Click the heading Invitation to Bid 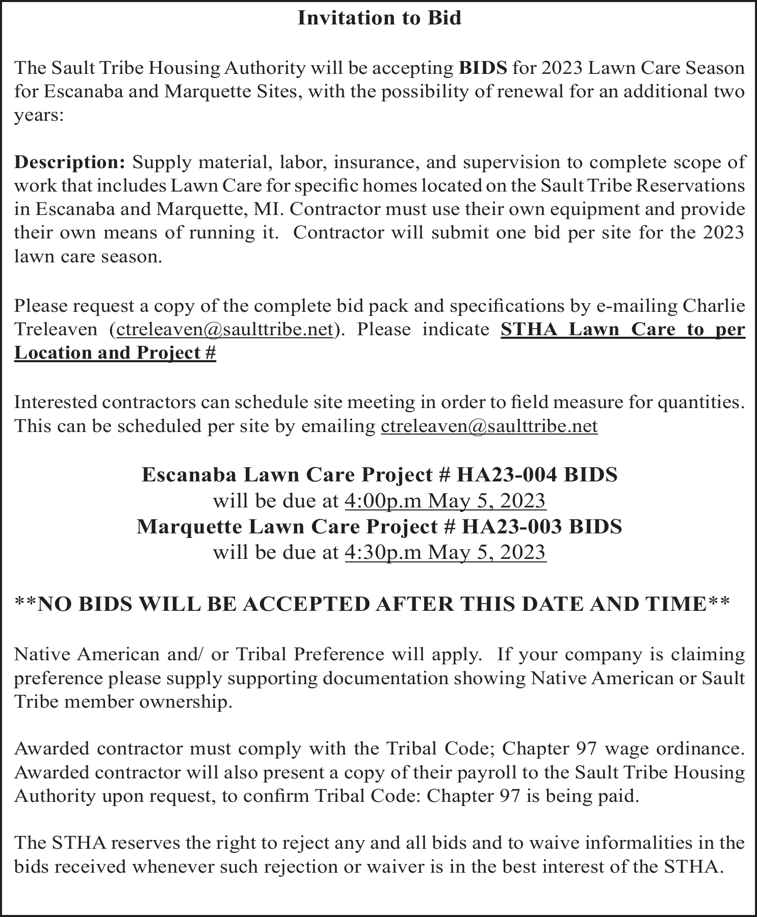coord(379,18)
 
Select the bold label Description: coord(70,163)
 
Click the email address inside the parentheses coord(225,330)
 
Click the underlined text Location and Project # coord(115,353)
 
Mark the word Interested coord(56,402)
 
